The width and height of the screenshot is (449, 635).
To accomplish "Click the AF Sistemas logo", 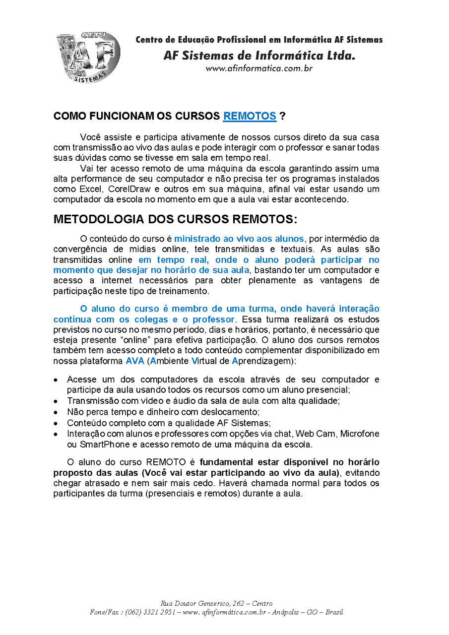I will click(88, 57).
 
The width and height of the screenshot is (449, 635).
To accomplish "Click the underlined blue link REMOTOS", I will click(250, 116).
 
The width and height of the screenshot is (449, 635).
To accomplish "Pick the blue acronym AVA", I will click(134, 361).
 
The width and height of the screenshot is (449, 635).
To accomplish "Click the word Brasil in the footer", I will click(334, 612).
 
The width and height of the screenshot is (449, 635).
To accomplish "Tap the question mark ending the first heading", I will click(282, 116).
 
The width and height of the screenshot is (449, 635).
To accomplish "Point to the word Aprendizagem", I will click(264, 361).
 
